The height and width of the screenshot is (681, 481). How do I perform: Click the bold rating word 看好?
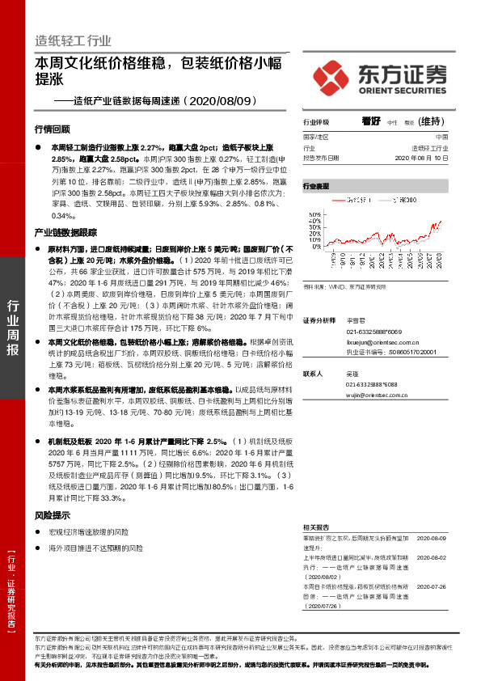[x=371, y=121]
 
